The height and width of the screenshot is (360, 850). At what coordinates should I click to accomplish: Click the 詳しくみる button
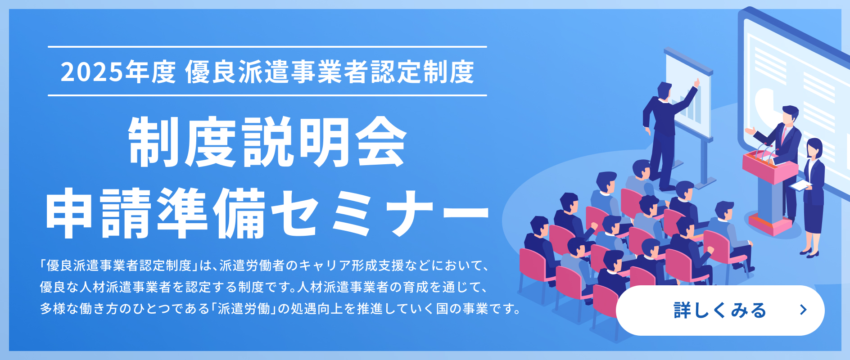[720, 310]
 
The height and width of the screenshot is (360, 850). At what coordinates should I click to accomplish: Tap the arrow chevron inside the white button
[803, 310]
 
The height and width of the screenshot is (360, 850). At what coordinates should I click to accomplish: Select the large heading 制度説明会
[267, 142]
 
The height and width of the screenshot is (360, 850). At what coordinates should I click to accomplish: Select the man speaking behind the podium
[779, 157]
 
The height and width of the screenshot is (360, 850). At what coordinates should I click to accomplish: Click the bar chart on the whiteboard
[689, 108]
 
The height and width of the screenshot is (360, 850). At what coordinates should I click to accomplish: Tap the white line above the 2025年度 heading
[267, 47]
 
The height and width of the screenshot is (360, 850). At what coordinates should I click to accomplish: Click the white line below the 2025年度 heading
[267, 95]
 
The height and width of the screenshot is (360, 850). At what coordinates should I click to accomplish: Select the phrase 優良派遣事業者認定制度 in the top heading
[330, 72]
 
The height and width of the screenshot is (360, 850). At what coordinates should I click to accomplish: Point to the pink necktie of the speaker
[785, 135]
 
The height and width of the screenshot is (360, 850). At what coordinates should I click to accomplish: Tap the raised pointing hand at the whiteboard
[697, 83]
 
